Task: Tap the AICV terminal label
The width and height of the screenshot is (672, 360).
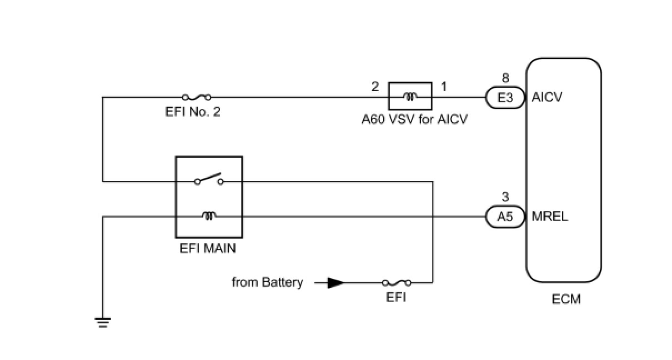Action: pos(546,98)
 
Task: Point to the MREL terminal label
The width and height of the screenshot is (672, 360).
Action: pos(550,217)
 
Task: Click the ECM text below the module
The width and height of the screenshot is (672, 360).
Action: pos(566,299)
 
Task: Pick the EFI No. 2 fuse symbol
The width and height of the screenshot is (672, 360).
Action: pos(197,97)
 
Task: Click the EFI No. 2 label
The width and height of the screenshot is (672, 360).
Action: pos(193,112)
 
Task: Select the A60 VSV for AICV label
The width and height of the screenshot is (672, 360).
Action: pos(414,119)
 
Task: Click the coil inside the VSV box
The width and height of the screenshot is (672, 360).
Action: pos(410,96)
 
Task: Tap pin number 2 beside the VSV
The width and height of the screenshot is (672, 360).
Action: pos(375,87)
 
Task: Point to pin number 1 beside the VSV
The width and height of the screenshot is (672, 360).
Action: pos(444,87)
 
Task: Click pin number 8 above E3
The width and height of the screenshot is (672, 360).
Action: pos(505,78)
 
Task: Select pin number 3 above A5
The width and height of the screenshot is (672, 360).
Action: pos(505,197)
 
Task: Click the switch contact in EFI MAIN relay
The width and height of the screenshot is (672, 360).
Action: pos(209,179)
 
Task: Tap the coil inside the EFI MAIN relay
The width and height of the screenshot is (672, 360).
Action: pos(209,216)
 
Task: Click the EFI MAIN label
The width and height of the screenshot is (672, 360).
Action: pos(208,248)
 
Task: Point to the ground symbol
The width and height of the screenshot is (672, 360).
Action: pos(103,322)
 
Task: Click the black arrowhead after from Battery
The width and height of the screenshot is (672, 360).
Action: pos(335,283)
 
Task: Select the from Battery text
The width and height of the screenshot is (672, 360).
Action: pos(268,282)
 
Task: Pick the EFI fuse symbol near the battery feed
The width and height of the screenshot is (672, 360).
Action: pos(397,283)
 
